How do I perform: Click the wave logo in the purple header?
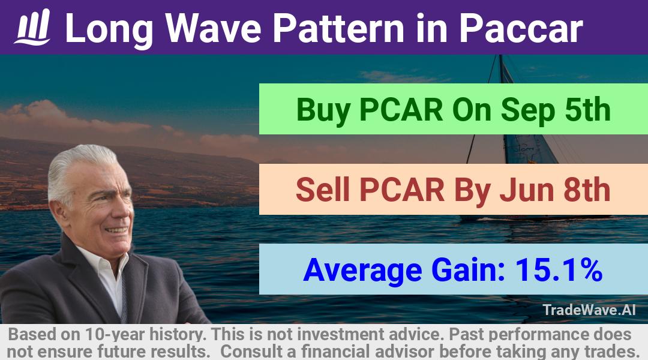coord(32,27)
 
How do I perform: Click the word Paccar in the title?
coord(521,28)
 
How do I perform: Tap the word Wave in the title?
coord(213,28)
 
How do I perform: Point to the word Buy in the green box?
coord(323,110)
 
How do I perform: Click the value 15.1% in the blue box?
coord(559,270)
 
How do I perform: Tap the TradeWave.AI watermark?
coord(589,310)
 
